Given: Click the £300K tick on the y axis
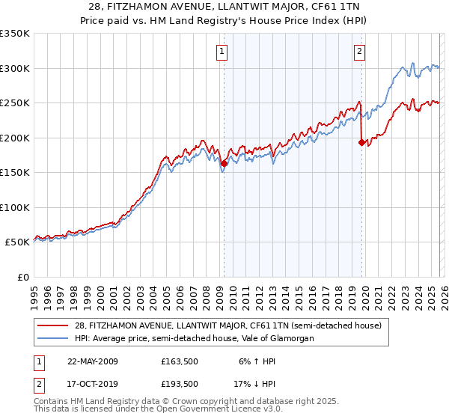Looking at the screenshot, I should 15,68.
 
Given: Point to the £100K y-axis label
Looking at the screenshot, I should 15,207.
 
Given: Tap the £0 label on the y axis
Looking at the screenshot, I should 22,277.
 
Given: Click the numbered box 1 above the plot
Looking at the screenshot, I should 223,52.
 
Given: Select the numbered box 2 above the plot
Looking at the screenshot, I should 360,52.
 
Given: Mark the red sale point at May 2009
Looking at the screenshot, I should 224,162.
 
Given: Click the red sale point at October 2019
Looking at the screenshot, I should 361,141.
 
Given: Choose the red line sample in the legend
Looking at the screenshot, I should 54,325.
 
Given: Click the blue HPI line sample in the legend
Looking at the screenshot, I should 54,338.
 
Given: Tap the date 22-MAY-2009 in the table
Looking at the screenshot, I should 93,361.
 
